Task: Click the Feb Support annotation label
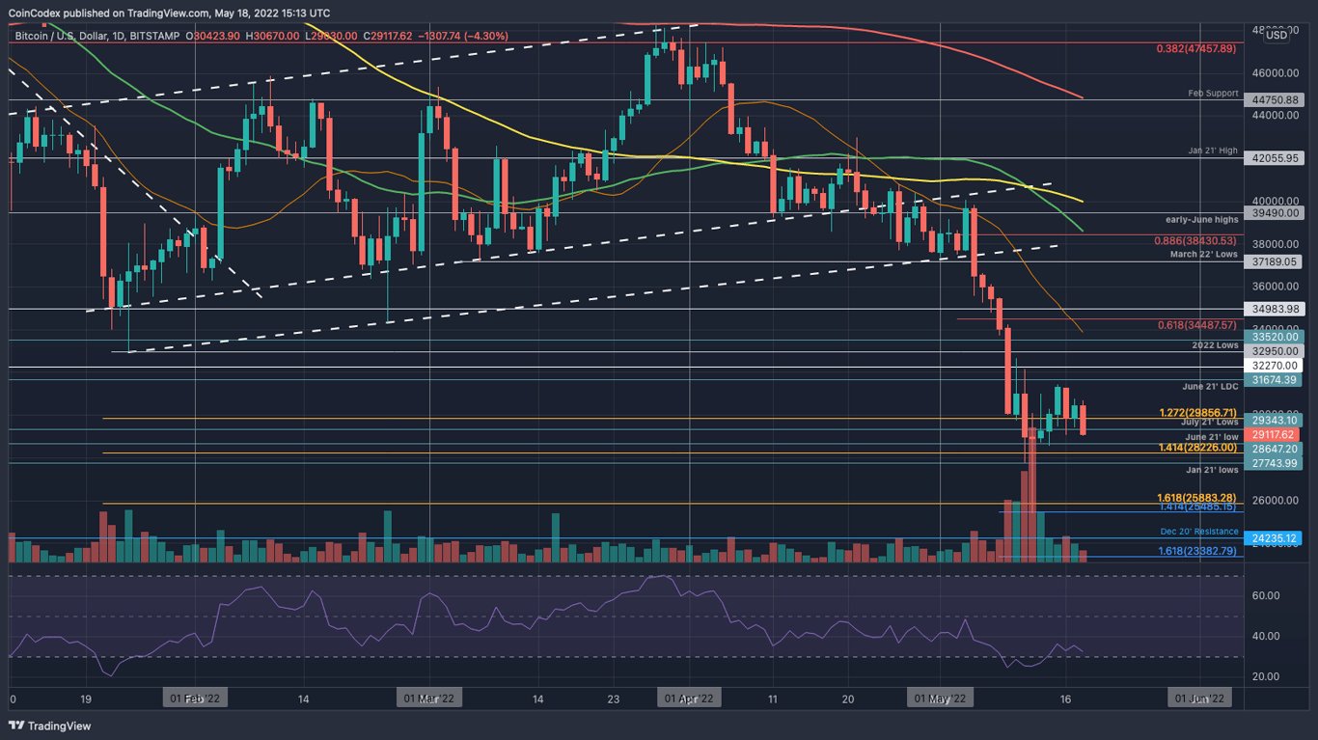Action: click(1213, 94)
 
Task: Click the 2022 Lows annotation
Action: click(1214, 344)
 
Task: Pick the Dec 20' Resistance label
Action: click(1199, 532)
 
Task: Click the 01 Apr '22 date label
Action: click(688, 698)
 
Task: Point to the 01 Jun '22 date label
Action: click(1198, 698)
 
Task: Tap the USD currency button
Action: click(1276, 35)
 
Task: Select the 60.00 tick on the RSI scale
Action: click(1265, 595)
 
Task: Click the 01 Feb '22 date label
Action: click(195, 698)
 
